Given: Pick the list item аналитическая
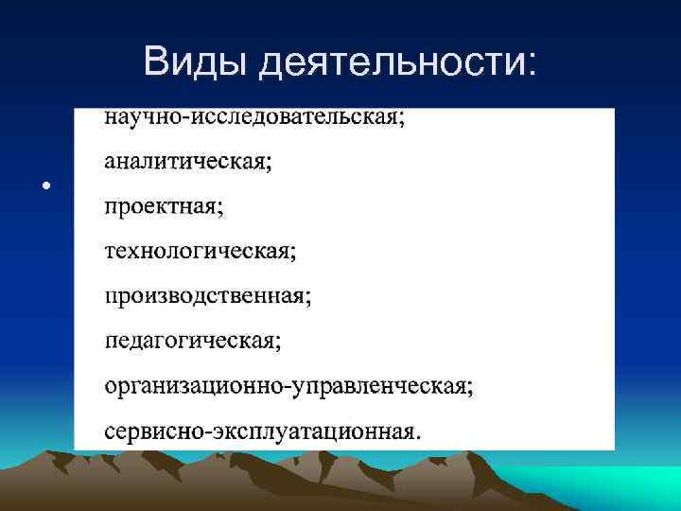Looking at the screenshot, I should (187, 162).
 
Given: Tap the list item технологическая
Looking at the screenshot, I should (200, 251).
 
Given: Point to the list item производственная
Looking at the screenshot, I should (207, 295).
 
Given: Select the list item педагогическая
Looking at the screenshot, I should (192, 340).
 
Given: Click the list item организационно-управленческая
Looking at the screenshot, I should (288, 385).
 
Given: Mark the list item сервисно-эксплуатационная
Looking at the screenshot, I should (263, 431).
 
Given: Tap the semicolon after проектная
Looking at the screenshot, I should (220, 208).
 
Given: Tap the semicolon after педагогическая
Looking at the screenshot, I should (278, 342).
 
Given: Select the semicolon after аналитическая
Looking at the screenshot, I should (269, 164).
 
